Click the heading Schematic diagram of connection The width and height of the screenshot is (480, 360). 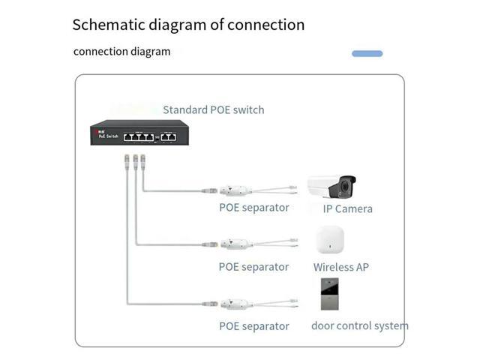(x=188, y=25)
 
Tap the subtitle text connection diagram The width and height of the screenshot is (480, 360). (x=121, y=52)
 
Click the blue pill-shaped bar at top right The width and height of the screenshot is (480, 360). (x=367, y=54)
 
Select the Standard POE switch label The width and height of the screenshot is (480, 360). (x=214, y=110)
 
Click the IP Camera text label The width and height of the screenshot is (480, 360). (x=347, y=208)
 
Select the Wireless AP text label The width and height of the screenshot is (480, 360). (x=341, y=267)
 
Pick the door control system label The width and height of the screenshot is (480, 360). (x=360, y=325)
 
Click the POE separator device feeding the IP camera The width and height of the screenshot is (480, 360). (x=235, y=191)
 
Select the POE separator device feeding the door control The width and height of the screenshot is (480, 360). (x=235, y=304)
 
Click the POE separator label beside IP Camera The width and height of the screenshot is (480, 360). (x=253, y=208)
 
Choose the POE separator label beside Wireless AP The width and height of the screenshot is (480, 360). (x=253, y=267)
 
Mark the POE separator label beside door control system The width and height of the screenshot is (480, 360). (x=253, y=326)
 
